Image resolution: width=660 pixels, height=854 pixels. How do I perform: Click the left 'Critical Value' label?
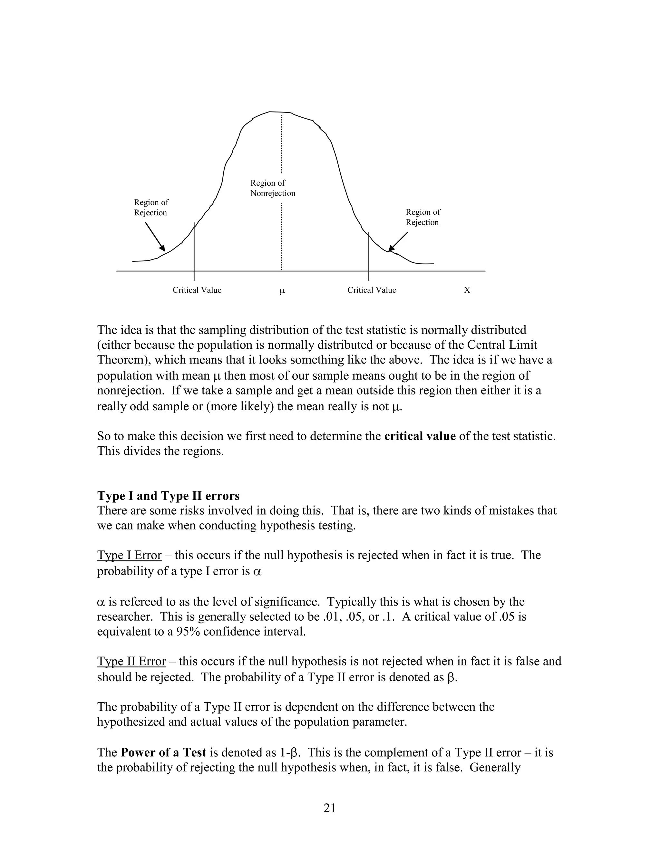click(x=197, y=290)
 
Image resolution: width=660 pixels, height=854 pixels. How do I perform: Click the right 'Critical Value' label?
click(x=372, y=290)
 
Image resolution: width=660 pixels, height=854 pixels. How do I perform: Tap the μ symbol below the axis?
click(x=282, y=291)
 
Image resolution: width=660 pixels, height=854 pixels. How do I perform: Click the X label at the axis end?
click(x=467, y=290)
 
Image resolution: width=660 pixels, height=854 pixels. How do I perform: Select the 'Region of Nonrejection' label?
click(x=273, y=188)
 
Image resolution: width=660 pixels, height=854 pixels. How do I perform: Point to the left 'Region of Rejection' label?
click(x=151, y=208)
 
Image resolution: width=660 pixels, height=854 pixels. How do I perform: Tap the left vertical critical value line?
click(x=194, y=250)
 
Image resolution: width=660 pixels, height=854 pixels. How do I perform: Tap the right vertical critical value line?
click(x=369, y=256)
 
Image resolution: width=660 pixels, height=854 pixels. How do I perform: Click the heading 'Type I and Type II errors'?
click(x=168, y=496)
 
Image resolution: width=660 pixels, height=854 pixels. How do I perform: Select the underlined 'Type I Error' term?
click(x=129, y=555)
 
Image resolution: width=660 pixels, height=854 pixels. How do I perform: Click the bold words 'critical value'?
click(x=420, y=436)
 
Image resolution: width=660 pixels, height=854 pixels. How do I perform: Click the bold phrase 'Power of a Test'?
click(x=163, y=753)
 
